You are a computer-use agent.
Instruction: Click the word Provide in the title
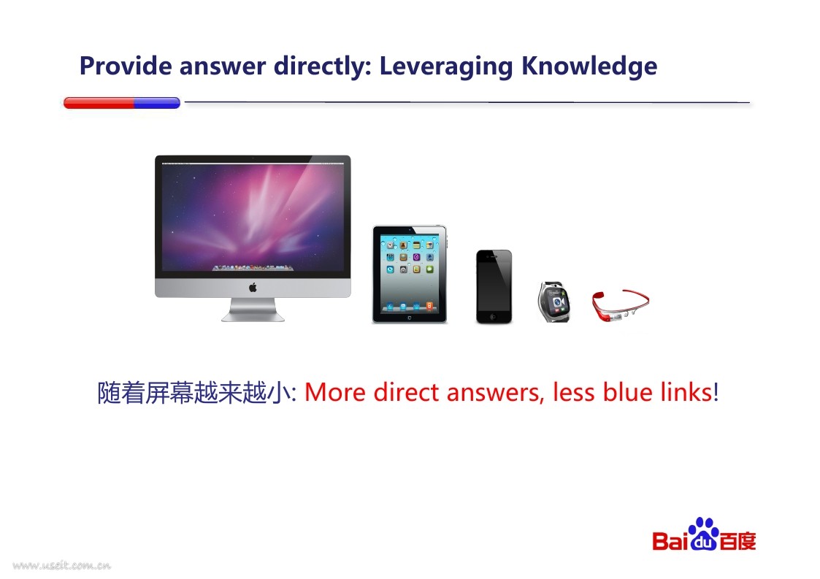(126, 66)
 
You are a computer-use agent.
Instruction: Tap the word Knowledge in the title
(589, 67)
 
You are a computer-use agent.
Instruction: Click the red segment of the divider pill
(99, 103)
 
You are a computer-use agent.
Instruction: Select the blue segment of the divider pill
(158, 103)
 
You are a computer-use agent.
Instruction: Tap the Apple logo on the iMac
(253, 287)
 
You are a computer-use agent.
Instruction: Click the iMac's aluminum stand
(253, 310)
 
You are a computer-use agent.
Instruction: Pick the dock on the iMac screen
(253, 268)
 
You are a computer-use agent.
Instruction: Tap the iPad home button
(410, 318)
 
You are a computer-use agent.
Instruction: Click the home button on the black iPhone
(493, 317)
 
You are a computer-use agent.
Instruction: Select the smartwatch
(553, 302)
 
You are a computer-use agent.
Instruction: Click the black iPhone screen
(494, 285)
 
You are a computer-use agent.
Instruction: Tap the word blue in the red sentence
(627, 392)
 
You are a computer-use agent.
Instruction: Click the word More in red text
(334, 392)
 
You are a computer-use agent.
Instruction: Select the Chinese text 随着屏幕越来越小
(194, 393)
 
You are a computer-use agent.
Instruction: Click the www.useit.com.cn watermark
(62, 565)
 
